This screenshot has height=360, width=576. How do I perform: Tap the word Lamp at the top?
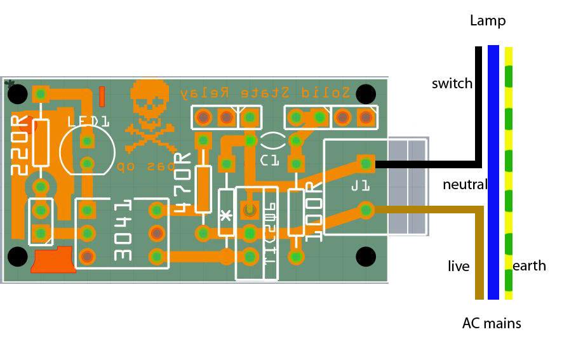click(488, 21)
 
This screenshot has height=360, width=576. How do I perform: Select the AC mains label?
click(492, 324)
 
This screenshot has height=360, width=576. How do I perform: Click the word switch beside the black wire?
click(452, 84)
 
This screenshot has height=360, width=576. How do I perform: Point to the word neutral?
click(465, 185)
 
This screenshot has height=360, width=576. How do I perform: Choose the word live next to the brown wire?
click(459, 266)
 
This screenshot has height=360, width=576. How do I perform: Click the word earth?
click(530, 266)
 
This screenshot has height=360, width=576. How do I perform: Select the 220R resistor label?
click(20, 145)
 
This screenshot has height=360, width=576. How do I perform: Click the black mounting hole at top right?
click(366, 94)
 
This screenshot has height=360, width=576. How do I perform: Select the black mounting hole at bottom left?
click(17, 257)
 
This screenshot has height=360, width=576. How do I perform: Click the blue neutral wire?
click(493, 171)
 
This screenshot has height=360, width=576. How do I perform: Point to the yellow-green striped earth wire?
click(509, 171)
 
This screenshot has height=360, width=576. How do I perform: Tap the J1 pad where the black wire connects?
click(365, 164)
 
